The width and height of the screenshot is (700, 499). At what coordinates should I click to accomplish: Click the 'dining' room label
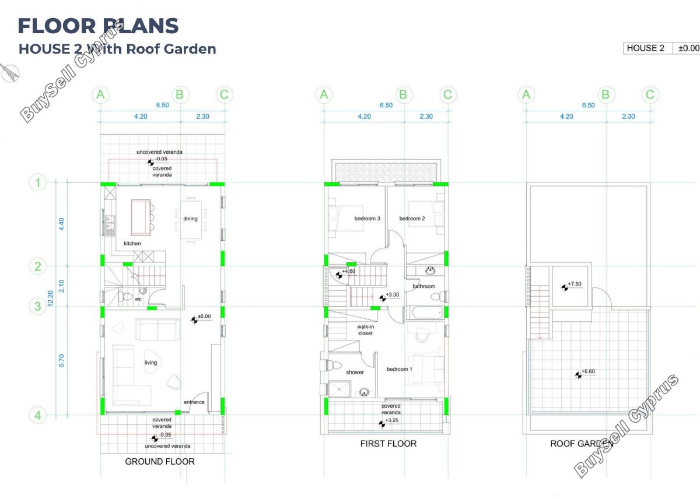(190, 219)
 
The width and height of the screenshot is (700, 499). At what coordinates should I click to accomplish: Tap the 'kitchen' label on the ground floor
(132, 244)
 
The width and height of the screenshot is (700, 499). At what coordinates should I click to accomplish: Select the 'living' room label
(150, 363)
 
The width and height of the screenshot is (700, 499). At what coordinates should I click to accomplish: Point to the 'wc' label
(138, 299)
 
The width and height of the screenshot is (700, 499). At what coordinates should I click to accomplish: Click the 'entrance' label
(194, 402)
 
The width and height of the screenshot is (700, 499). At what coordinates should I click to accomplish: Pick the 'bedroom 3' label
(367, 219)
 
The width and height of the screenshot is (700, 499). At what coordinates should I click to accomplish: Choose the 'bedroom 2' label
(412, 219)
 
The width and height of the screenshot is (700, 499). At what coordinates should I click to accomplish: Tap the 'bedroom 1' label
(400, 369)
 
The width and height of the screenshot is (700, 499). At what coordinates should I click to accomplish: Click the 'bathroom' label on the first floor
(423, 286)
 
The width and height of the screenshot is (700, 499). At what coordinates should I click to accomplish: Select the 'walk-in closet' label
(365, 330)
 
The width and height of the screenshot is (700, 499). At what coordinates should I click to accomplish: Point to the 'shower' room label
(355, 373)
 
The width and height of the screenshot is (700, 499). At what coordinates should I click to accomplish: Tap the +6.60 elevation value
(588, 371)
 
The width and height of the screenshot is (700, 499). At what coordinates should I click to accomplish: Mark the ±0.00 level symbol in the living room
(194, 320)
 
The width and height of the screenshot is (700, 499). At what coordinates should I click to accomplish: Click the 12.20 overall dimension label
(51, 298)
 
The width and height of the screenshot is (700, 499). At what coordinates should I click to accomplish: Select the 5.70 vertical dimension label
(61, 361)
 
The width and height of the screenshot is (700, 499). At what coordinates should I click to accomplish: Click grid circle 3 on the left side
(37, 306)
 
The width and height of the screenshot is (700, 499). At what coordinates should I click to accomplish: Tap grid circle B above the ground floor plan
(180, 94)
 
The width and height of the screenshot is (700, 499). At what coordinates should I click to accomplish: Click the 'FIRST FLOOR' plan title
(388, 444)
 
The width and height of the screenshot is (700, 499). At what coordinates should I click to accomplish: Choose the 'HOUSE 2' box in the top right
(646, 48)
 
